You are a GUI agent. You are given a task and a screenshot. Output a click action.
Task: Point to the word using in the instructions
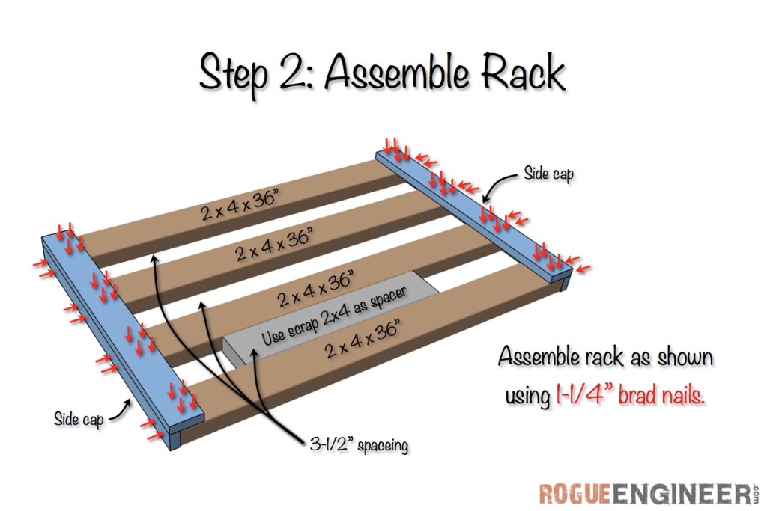coord(528,397)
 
